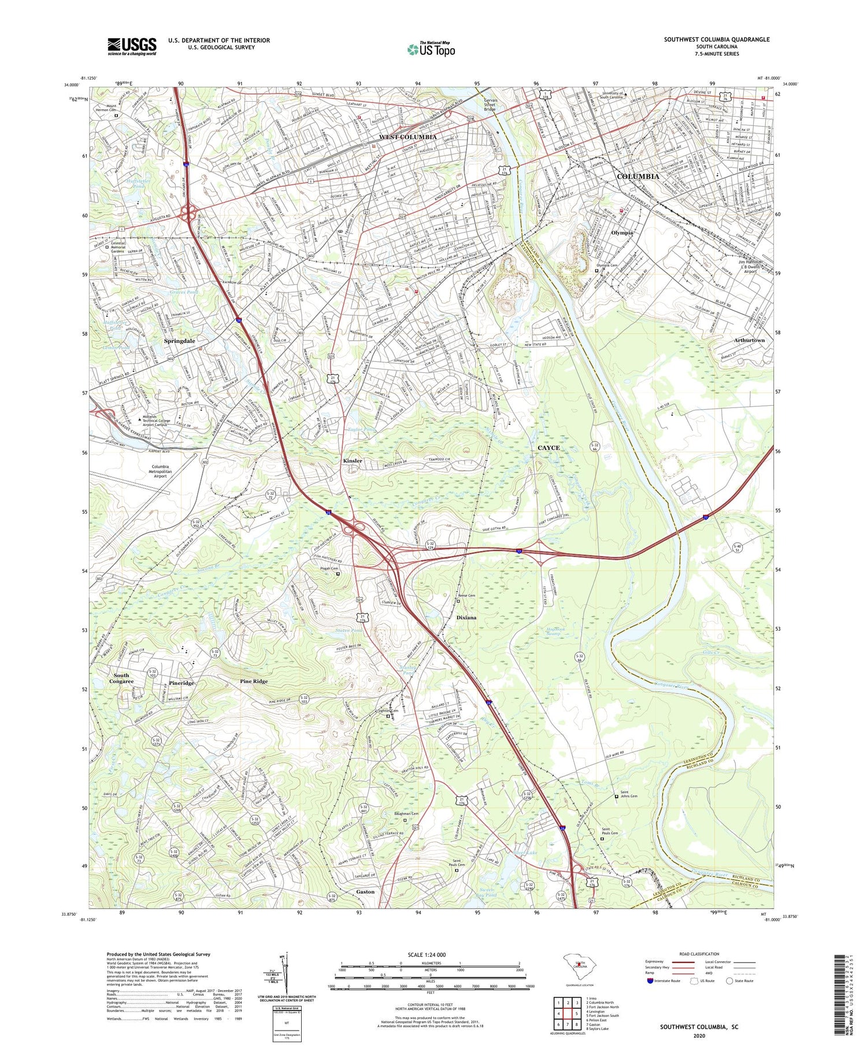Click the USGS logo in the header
pyautogui.click(x=132, y=46)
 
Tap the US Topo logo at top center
pyautogui.click(x=431, y=50)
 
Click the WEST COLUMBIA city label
pyautogui.click(x=407, y=136)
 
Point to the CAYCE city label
pyautogui.click(x=549, y=447)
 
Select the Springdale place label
pyautogui.click(x=179, y=341)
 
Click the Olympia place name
pyautogui.click(x=622, y=232)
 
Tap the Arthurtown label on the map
pyautogui.click(x=749, y=340)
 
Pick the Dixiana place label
pyautogui.click(x=466, y=617)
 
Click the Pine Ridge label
pyautogui.click(x=254, y=682)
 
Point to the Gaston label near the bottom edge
pyautogui.click(x=365, y=892)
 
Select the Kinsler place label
pyautogui.click(x=353, y=461)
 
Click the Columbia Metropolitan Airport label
pyautogui.click(x=160, y=471)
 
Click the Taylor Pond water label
pyautogui.click(x=361, y=429)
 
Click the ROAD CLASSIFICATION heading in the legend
pyautogui.click(x=699, y=954)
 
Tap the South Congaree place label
pyautogui.click(x=121, y=678)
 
